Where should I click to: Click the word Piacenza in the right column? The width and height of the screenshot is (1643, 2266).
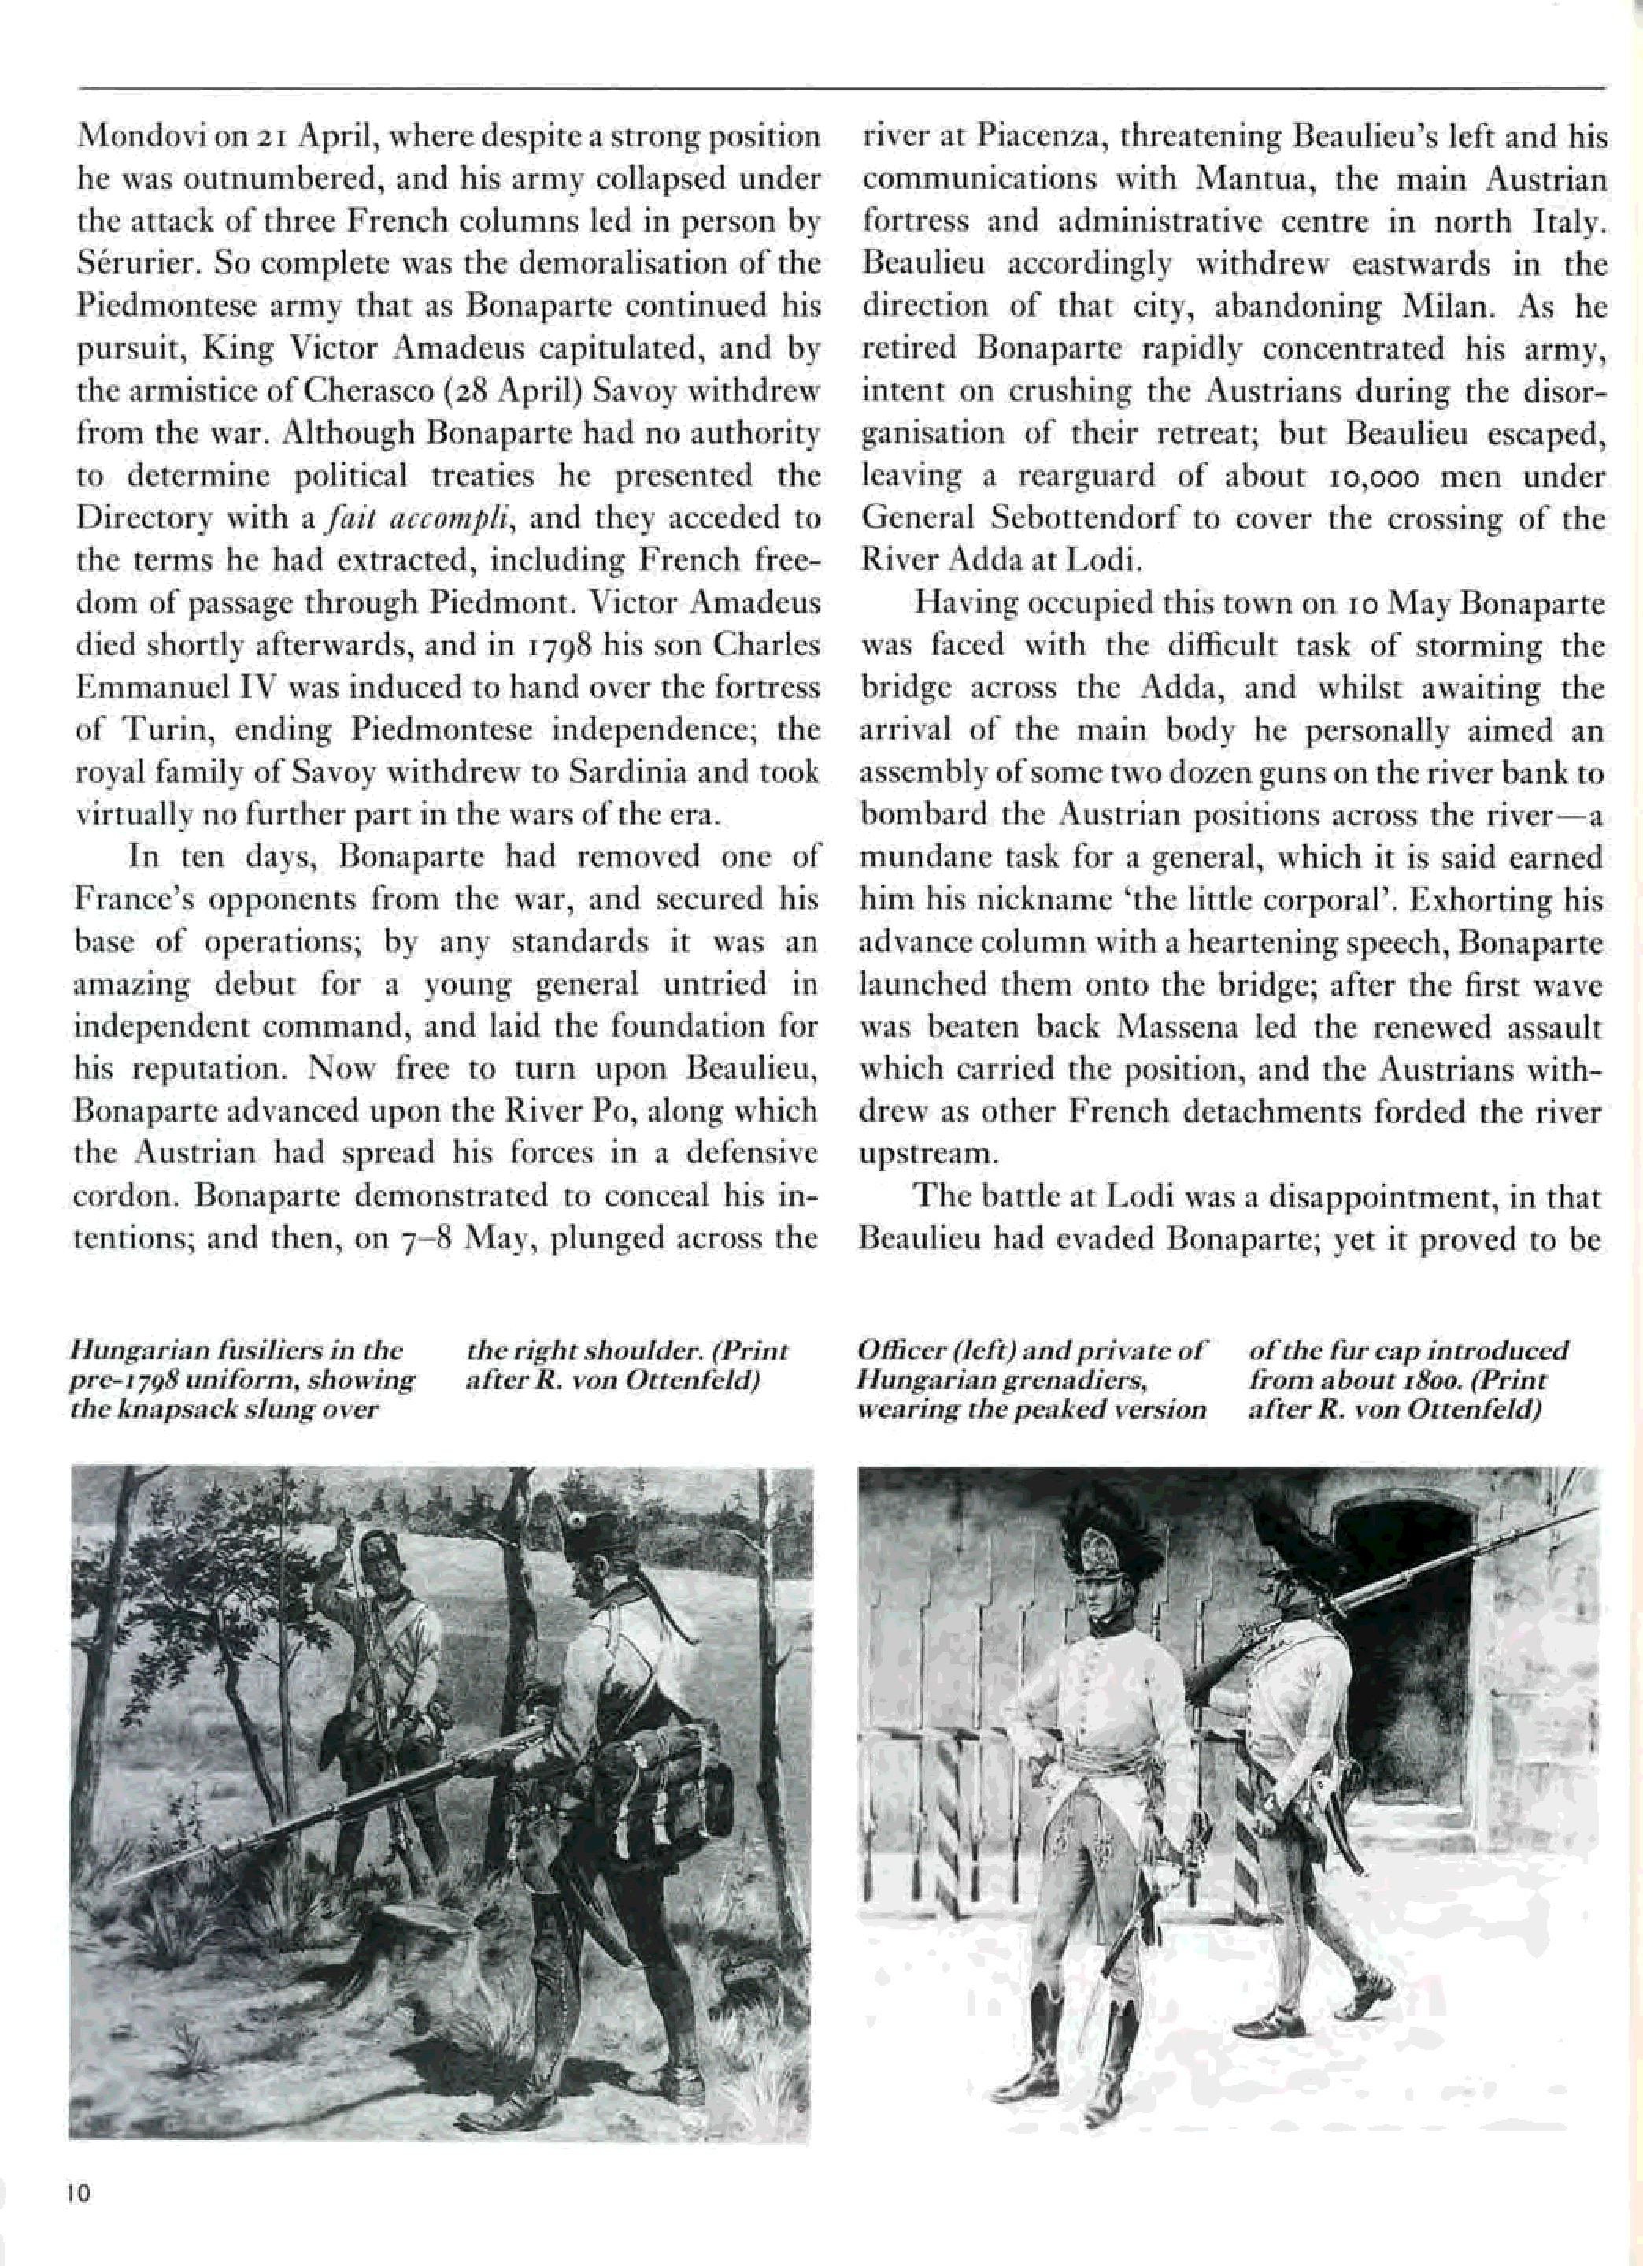[x=1038, y=136]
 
